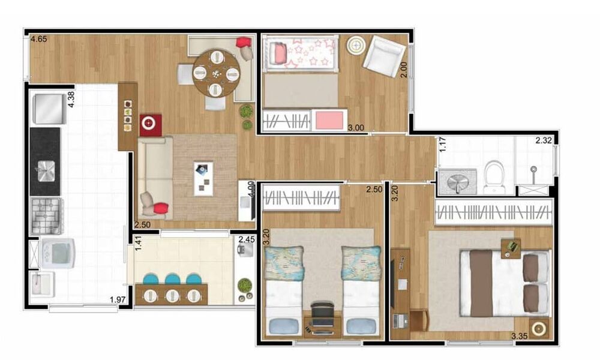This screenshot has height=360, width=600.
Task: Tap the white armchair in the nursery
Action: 384,53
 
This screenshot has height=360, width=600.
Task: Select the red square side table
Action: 151,124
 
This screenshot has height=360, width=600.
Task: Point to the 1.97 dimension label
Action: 119,300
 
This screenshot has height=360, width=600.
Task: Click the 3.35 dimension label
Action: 521,336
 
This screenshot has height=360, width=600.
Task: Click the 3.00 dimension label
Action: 356,127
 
